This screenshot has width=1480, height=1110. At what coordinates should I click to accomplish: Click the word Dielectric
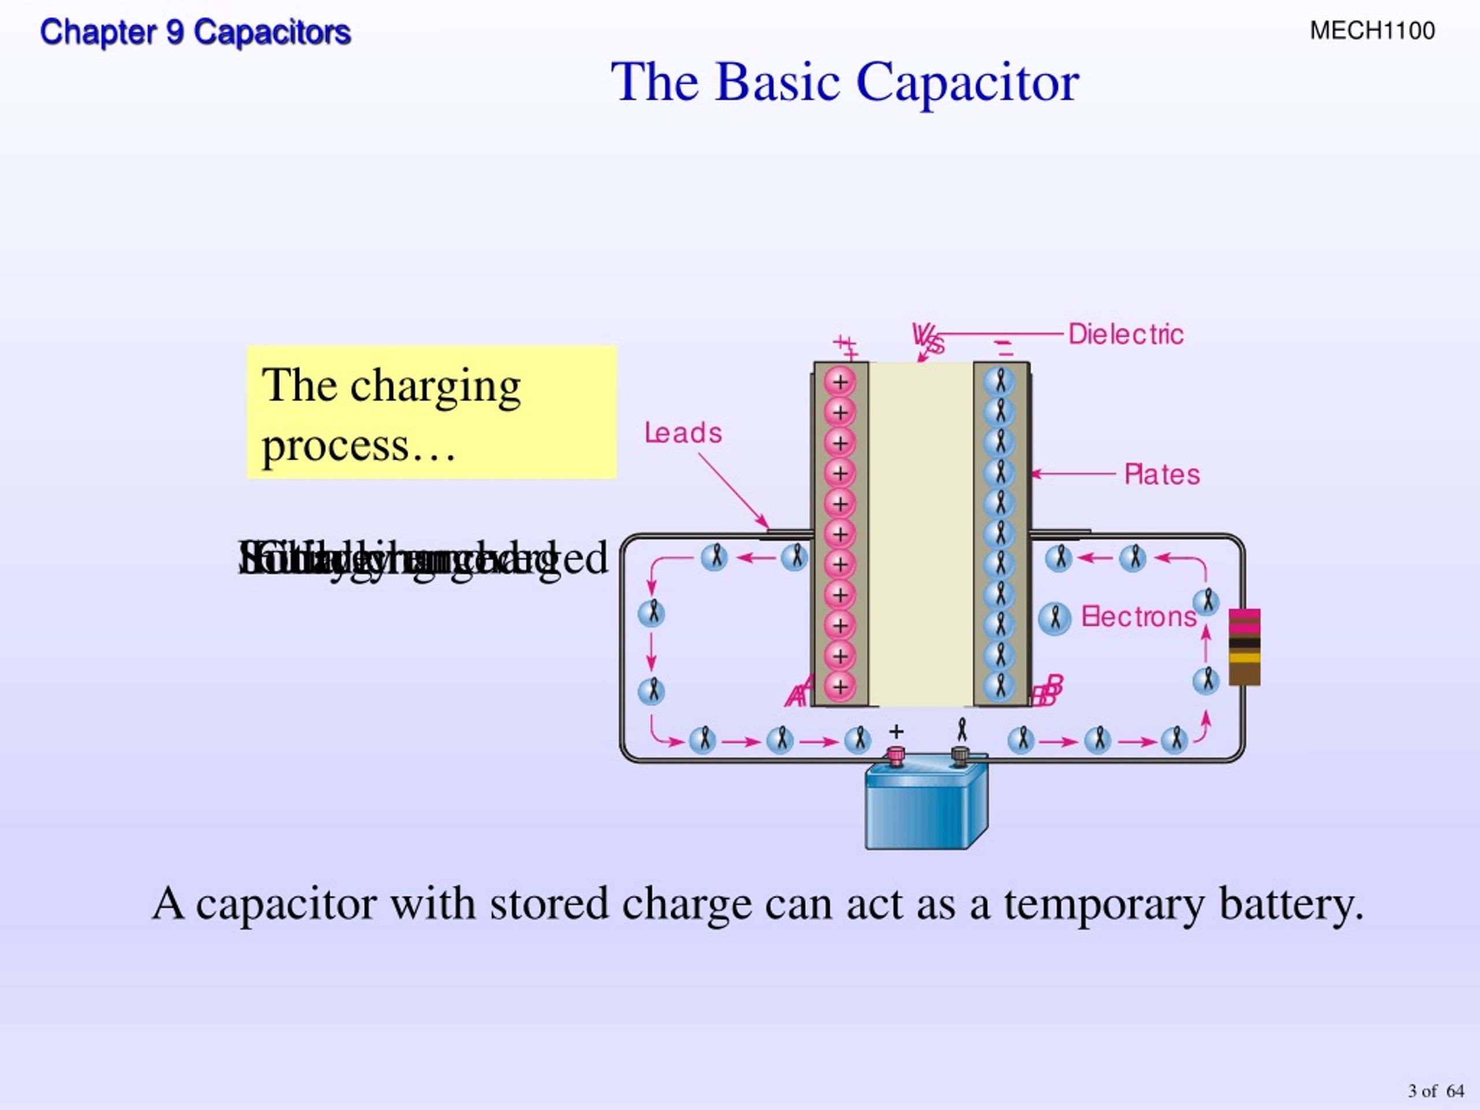(1126, 334)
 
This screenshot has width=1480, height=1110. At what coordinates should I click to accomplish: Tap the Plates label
(1161, 475)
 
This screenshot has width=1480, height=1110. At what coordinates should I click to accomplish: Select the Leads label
(683, 433)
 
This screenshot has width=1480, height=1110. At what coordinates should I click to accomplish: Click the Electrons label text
(1139, 616)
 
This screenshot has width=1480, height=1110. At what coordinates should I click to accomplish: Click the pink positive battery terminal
(895, 756)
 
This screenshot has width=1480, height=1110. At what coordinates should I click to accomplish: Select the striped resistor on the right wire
(1245, 647)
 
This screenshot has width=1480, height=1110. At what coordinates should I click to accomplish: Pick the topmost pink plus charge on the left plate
(839, 382)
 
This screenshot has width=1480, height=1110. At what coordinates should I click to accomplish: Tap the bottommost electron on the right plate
(1000, 686)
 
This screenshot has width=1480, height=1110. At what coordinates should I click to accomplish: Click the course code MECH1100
(1372, 31)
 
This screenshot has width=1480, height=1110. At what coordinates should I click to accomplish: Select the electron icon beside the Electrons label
(1054, 617)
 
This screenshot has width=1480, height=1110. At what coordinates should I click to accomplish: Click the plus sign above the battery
(896, 732)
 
